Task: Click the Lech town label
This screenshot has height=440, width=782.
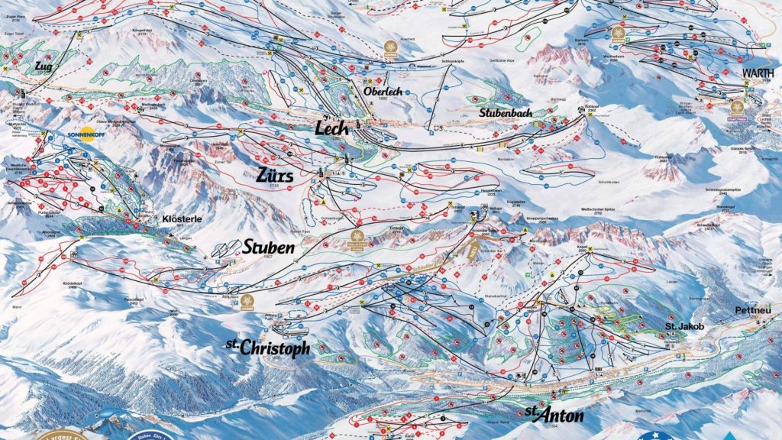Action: [x=332, y=128]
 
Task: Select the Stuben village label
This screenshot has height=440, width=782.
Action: [x=268, y=248]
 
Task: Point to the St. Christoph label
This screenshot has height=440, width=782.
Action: [x=268, y=348]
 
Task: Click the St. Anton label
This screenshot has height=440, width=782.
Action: [x=554, y=416]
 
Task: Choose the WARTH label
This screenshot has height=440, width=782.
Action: [x=757, y=74]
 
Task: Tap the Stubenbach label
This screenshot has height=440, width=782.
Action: [x=505, y=112]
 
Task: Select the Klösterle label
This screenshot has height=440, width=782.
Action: [x=182, y=218]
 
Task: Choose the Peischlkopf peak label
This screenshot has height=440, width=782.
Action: [x=134, y=299]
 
